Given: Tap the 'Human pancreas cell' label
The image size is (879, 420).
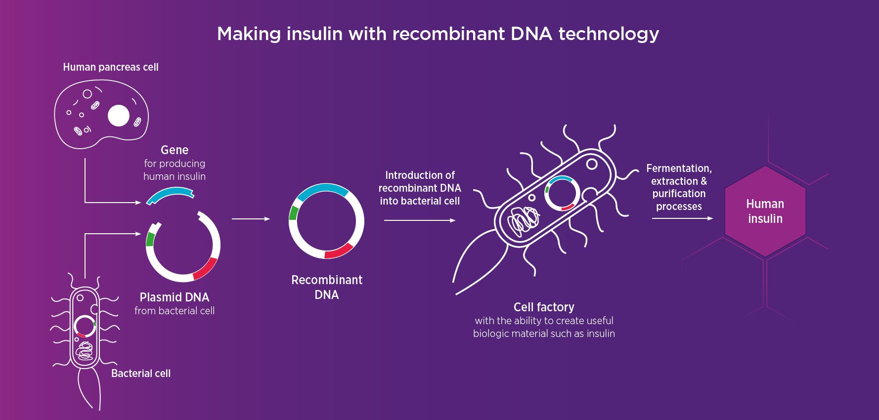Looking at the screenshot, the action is [111, 67].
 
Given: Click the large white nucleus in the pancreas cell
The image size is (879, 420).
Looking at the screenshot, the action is [119, 116].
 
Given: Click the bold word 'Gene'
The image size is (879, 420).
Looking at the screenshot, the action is [175, 150].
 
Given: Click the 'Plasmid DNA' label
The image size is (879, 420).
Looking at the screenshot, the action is [175, 297].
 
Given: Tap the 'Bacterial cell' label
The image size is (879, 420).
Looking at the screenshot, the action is [141, 374].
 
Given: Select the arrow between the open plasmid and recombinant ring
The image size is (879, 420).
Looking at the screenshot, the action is [251, 218].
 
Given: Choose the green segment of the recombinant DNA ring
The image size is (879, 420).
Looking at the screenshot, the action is [293, 213].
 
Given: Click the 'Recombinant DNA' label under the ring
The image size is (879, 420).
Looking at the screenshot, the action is [327, 287].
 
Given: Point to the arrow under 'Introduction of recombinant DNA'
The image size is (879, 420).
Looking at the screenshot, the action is [420, 220].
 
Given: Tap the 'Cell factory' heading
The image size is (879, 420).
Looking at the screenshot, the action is [544, 307].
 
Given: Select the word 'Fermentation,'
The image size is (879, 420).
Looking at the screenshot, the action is [679, 168].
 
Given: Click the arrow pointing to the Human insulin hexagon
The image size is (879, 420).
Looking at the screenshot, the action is [682, 218].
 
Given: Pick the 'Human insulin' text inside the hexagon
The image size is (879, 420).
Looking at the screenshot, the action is [765, 211].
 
